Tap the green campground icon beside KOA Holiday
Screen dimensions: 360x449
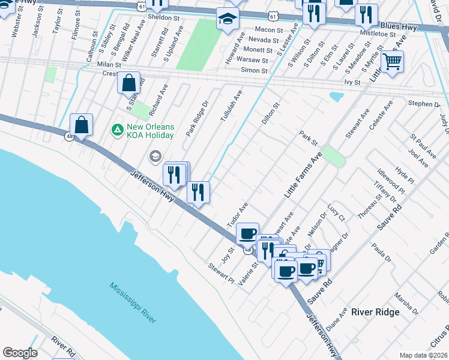coord(118,128)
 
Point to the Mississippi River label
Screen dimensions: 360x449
coord(133,303)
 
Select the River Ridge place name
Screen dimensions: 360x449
coord(375,312)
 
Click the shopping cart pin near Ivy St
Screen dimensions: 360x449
coord(392,62)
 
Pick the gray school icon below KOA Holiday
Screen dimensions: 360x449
coord(155,157)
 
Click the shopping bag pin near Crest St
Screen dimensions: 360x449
coord(129,83)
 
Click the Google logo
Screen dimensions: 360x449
coord(20,353)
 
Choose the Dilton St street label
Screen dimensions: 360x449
coord(271,113)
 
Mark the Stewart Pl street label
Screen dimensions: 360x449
coord(221,272)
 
